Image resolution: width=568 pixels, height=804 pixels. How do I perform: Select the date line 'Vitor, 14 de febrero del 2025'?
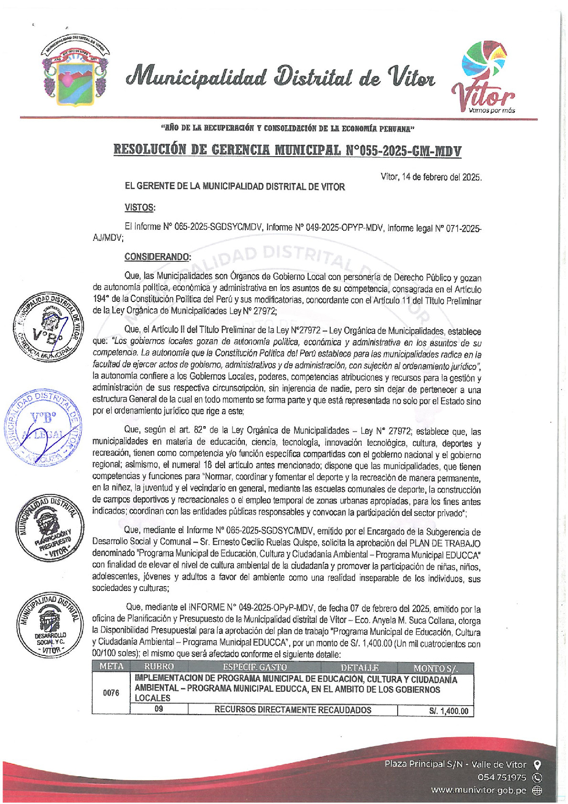(x=431, y=177)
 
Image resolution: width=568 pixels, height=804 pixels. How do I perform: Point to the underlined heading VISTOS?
(x=140, y=207)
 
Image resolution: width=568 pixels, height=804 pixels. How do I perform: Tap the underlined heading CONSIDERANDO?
(x=158, y=257)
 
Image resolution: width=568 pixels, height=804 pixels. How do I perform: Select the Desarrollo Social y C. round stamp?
(x=50, y=624)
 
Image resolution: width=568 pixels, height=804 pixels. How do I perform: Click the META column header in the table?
(x=111, y=667)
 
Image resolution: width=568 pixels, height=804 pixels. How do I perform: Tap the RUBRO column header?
(x=159, y=667)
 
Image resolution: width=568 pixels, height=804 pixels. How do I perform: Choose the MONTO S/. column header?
(x=435, y=668)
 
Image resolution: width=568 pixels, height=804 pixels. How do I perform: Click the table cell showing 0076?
(x=111, y=693)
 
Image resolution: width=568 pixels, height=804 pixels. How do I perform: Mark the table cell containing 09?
(x=159, y=709)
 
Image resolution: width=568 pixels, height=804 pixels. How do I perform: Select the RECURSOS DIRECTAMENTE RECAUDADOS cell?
(x=293, y=710)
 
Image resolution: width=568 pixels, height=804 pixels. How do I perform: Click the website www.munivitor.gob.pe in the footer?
(x=479, y=790)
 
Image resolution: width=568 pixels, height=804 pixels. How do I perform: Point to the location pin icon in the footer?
(x=537, y=764)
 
